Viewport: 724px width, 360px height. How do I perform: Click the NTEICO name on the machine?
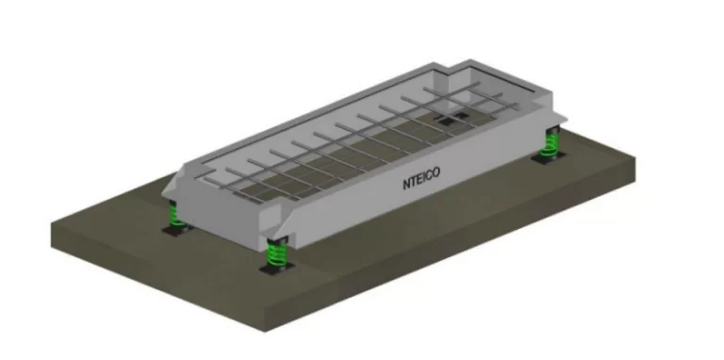click(421, 178)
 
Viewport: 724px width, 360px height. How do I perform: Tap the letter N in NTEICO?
click(407, 183)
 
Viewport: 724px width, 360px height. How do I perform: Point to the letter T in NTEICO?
click(414, 181)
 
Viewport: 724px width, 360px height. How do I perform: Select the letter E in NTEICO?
click(420, 179)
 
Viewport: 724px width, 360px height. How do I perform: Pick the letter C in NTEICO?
click(430, 175)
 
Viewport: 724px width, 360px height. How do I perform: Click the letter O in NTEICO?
click(436, 173)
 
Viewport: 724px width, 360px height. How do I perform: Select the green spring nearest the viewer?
click(276, 253)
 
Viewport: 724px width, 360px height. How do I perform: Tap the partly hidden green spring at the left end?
click(175, 216)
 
